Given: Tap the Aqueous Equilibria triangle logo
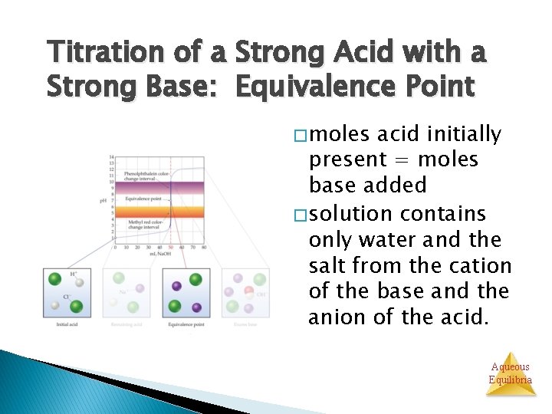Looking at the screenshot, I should point(510,374).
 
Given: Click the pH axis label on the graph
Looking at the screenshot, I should point(103,201).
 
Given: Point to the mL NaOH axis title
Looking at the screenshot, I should point(160,253).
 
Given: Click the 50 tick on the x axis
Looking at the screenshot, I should point(170,247).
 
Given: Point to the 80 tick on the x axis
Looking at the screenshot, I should point(204,247).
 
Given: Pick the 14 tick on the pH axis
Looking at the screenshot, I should point(112,157).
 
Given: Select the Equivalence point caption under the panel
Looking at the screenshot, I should point(186,324).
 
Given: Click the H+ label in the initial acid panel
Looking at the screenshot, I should point(74,274).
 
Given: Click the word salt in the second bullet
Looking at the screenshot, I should point(329,265).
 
